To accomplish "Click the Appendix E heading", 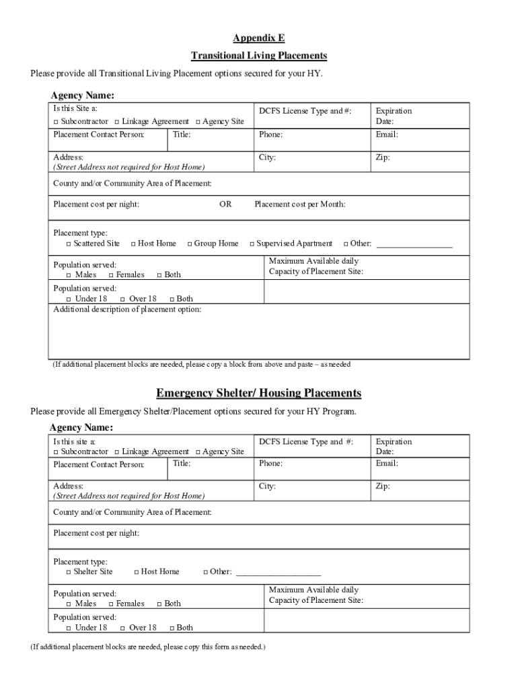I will (259, 38).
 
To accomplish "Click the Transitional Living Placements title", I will (259, 55).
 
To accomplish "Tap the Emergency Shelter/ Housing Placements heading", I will (259, 393).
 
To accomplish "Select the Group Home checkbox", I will (190, 244).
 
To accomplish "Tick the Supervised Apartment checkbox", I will (252, 244).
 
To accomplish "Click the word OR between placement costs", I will (225, 205).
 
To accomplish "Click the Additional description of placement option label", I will (126, 310).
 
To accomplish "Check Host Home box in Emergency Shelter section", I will (136, 572).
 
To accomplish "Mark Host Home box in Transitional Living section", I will (133, 244).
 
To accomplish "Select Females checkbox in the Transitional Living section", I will (112, 275).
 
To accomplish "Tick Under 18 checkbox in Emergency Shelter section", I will (70, 628).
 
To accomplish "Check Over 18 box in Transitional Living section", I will (122, 299).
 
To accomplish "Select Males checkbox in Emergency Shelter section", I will (70, 604).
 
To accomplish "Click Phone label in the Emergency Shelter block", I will (270, 464).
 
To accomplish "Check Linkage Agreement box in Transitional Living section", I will (117, 122).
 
